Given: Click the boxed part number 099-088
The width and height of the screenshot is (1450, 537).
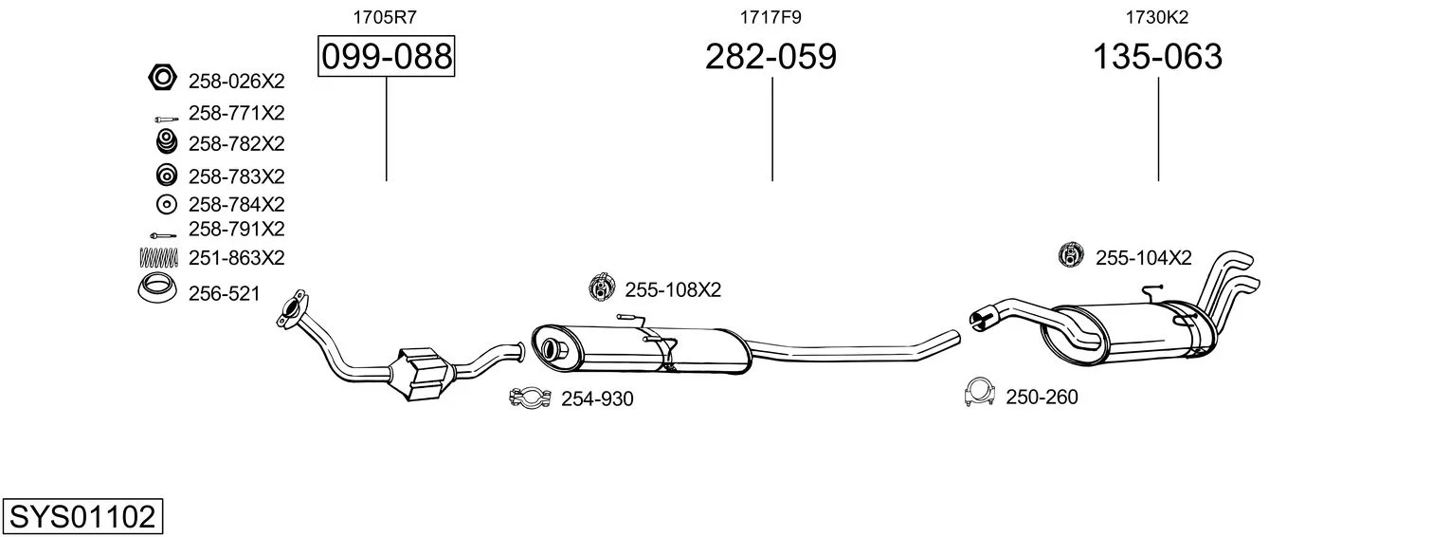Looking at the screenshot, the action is pos(387,56).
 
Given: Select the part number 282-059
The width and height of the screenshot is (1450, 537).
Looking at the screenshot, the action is pos(770,56).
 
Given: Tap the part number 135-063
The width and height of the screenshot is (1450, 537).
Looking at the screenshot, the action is pos(1157,56).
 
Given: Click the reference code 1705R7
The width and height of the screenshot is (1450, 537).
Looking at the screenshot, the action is pos(385,17).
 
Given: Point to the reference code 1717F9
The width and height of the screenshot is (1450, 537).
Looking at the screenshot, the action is pos(770,17).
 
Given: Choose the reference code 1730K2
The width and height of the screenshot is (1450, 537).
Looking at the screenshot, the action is pos(1157,17).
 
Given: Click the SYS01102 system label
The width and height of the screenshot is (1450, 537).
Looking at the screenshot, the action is pos(82,517).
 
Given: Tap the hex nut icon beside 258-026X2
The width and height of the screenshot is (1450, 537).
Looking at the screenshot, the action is pos(162,78).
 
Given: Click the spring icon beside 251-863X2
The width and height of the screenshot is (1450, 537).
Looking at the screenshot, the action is pos(158,257).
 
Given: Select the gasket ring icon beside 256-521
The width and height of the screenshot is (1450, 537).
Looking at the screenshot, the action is pos(157,289).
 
